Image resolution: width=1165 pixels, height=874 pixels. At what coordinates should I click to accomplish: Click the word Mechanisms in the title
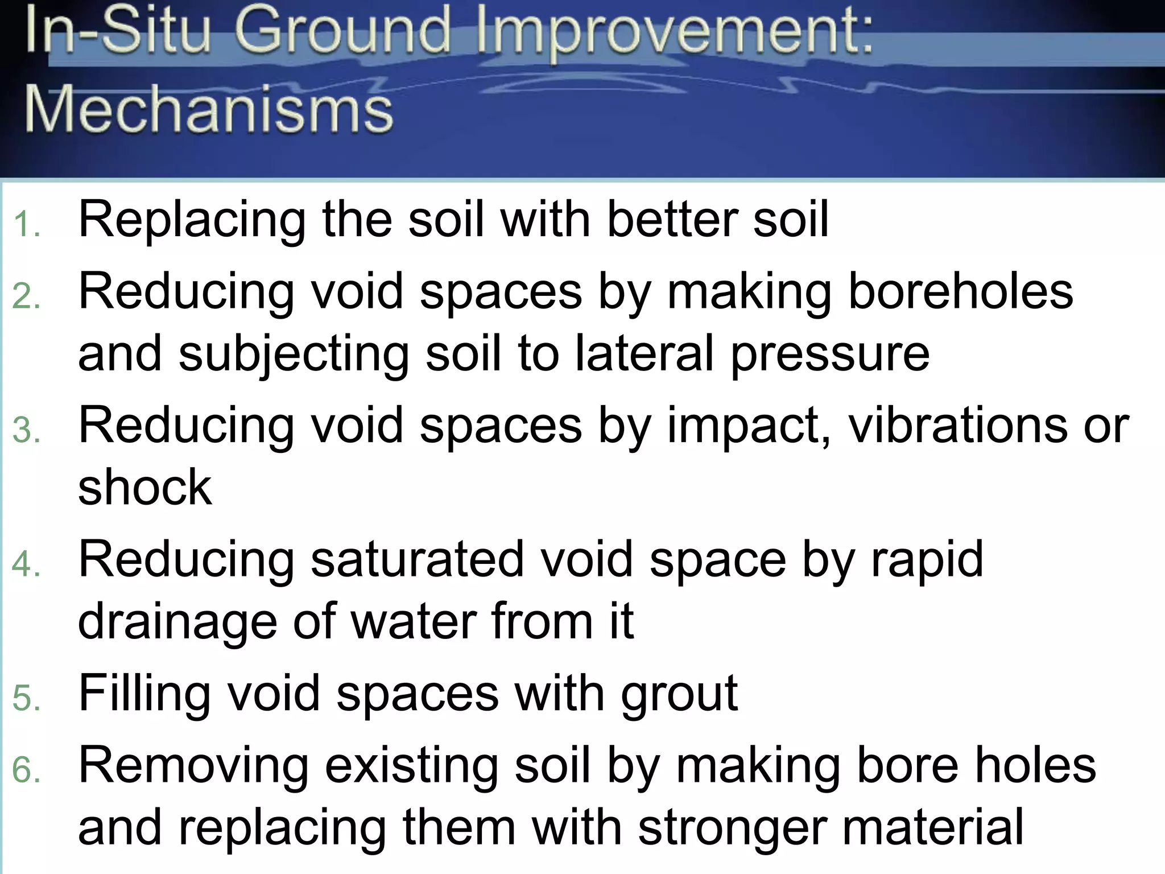[208, 108]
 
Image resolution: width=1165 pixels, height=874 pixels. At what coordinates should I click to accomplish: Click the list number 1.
[26, 224]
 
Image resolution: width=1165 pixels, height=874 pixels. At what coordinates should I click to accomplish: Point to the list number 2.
[26, 296]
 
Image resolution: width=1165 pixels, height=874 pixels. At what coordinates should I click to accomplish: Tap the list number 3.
[26, 430]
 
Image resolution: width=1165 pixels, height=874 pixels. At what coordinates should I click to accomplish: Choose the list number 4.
[26, 564]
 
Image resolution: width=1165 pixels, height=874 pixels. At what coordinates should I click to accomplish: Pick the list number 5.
[26, 698]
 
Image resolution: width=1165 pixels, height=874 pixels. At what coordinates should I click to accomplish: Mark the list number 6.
[26, 771]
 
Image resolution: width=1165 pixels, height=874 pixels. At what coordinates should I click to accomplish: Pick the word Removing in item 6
[193, 766]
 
